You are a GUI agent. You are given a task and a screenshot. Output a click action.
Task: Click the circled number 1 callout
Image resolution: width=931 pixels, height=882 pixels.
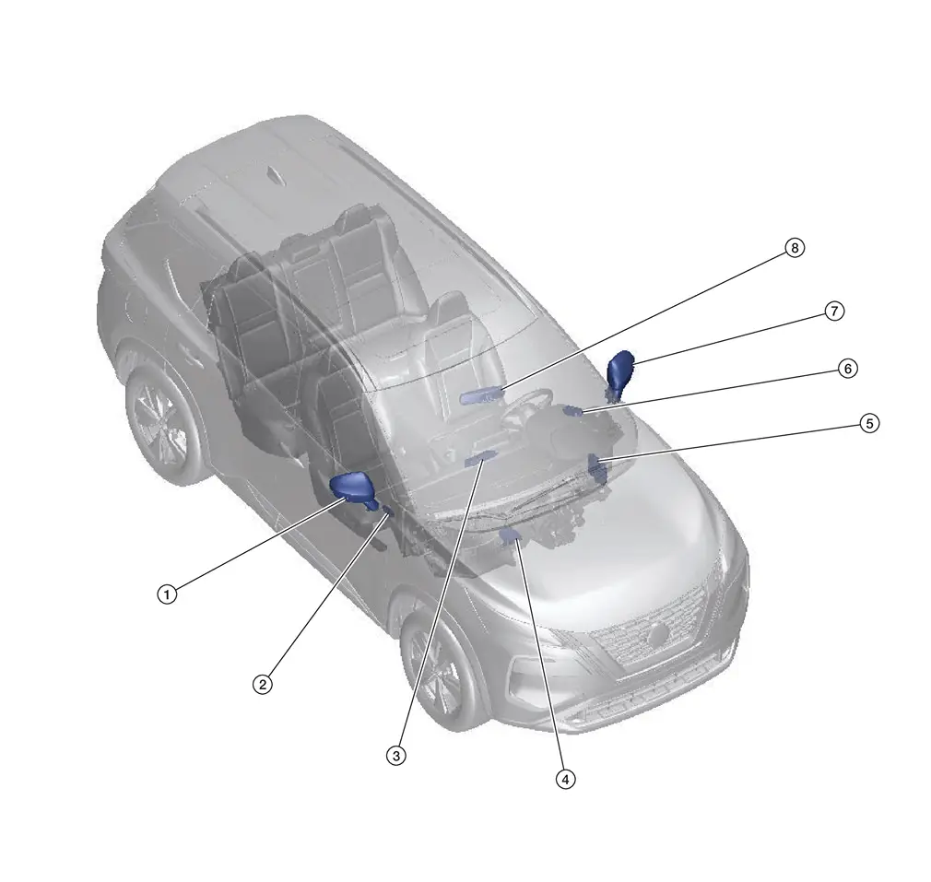point(167,594)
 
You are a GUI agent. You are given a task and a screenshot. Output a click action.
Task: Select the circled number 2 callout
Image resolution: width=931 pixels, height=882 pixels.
point(263,685)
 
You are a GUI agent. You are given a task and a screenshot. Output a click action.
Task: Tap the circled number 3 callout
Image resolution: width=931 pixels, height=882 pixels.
point(396,756)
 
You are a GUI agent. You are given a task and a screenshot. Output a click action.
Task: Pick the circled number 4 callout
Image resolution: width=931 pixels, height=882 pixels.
point(565,779)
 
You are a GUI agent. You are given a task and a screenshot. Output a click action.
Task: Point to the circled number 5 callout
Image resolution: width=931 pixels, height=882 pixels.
point(869,423)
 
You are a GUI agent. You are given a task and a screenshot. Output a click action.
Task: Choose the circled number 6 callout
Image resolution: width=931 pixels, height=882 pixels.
point(848,369)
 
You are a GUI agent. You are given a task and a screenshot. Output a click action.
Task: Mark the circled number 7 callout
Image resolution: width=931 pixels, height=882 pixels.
point(834,311)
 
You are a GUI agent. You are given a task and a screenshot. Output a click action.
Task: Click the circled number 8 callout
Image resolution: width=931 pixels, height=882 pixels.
point(795,248)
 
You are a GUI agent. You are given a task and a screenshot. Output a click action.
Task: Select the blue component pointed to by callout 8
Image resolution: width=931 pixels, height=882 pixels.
point(480,395)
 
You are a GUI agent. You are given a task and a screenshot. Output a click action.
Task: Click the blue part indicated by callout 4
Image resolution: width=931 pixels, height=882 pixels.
point(511,536)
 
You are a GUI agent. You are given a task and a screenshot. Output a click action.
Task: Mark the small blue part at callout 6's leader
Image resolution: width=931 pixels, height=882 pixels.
point(572,411)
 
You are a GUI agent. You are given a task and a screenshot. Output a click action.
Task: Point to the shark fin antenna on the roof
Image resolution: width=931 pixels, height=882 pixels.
point(275,176)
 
